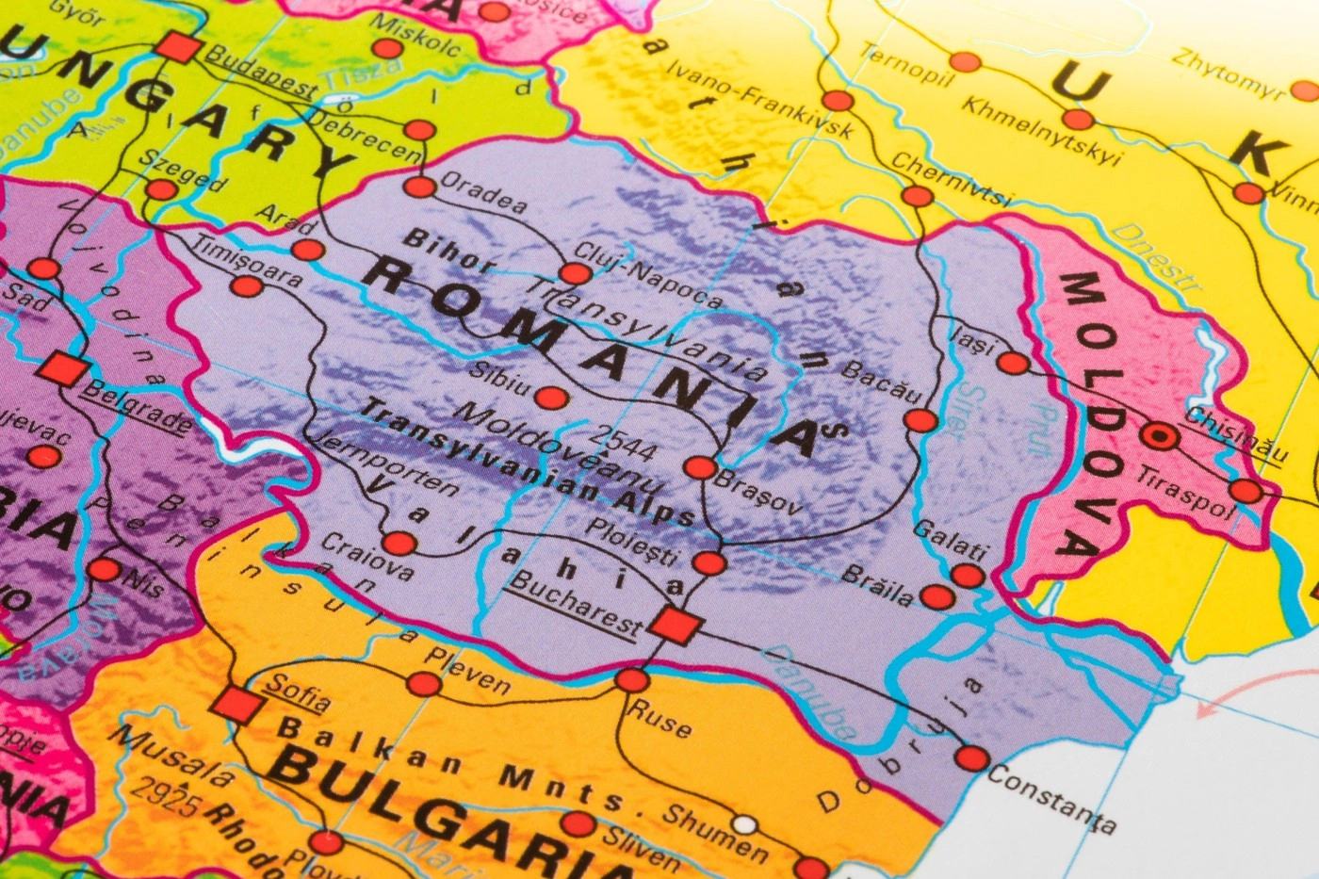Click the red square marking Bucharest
click(x=673, y=625)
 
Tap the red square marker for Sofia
click(x=235, y=704)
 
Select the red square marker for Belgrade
click(x=63, y=368)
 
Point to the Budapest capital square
click(x=179, y=47)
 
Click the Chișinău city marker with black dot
click(x=1159, y=436)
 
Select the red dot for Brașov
click(x=700, y=467)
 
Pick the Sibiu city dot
click(x=552, y=398)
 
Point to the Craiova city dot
click(x=399, y=543)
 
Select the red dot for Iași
click(x=1013, y=363)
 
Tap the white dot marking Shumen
click(x=745, y=825)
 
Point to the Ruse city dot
click(x=632, y=679)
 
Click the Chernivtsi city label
click(x=952, y=178)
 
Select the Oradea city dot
click(x=420, y=187)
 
